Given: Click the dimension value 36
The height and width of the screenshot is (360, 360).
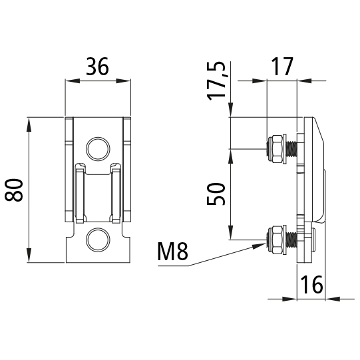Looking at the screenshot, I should point(97,67).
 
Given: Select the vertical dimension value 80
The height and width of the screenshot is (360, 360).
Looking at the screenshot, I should point(15,190).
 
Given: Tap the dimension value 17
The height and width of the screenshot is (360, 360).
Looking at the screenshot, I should point(283,67).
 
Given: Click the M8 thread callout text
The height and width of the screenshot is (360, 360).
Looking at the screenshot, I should point(173,253).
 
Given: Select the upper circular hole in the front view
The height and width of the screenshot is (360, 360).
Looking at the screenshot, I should point(97,148).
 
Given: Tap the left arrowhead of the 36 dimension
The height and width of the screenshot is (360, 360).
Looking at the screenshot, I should point(70,81).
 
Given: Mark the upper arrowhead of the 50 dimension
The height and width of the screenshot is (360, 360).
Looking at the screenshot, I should point(230,152).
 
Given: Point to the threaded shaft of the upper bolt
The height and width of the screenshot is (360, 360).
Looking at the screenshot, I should point(291,148).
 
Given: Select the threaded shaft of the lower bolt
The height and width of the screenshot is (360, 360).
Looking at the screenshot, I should point(291,239).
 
